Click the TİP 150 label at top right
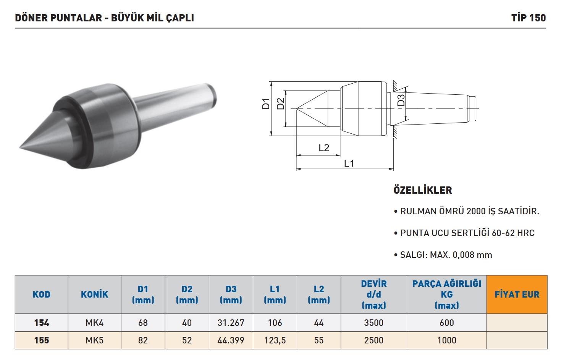529,18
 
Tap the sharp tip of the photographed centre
20,147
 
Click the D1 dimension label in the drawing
265,104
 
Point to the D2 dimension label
280,104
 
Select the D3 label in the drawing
401,100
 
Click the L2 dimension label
324,147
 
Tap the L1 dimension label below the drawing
349,164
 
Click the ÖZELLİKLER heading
423,190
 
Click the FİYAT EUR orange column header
517,294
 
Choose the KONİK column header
94,294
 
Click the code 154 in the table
42,323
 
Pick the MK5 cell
94,340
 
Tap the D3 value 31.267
231,323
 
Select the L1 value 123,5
275,340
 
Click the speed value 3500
373,323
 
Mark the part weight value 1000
446,340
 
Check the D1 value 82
143,340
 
